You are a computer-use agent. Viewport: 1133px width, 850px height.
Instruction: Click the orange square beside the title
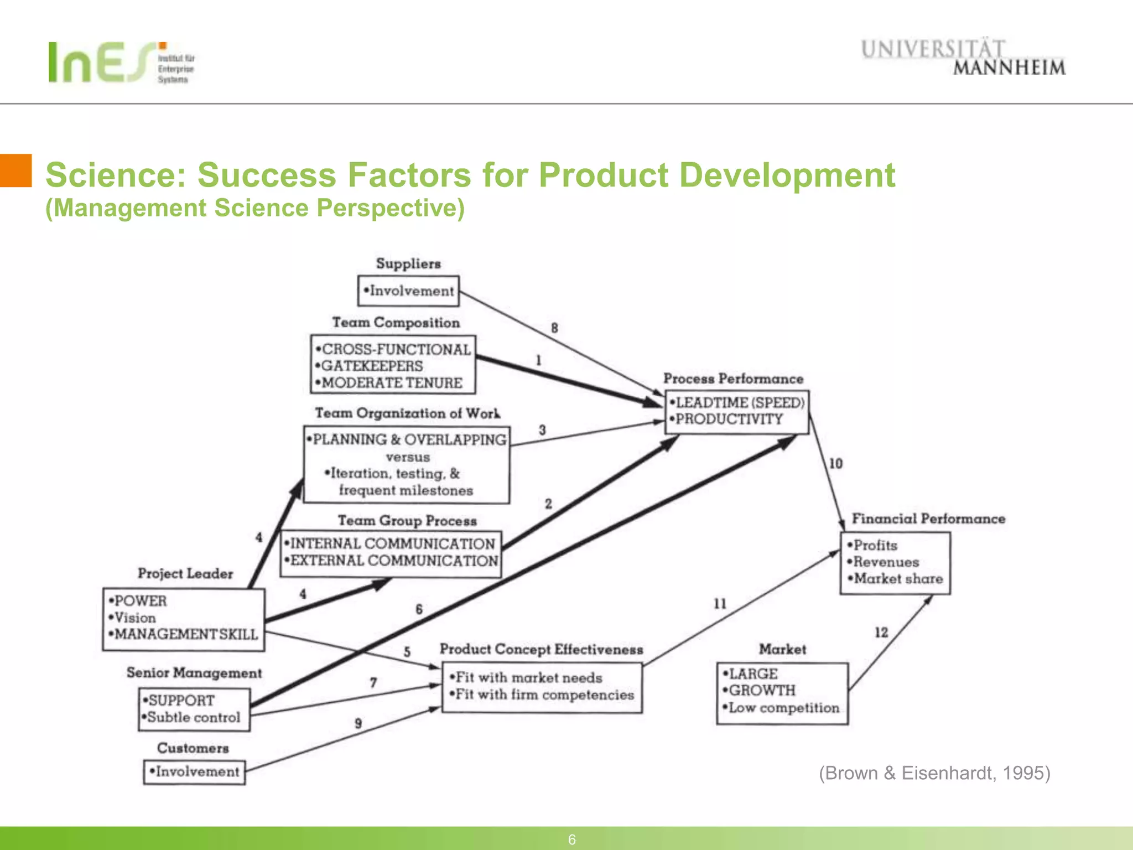click(x=15, y=170)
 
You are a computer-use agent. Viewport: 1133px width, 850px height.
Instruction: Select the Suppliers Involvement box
click(x=408, y=291)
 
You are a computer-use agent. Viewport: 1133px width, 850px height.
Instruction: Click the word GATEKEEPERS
click(x=372, y=366)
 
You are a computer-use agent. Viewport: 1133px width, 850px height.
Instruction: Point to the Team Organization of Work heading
click(x=407, y=413)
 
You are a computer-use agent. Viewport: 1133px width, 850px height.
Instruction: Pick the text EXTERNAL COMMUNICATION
click(x=394, y=561)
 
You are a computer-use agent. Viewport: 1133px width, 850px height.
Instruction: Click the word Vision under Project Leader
click(x=135, y=618)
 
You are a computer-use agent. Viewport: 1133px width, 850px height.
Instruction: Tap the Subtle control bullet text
click(x=194, y=717)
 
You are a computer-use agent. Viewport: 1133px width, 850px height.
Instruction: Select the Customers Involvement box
click(x=194, y=771)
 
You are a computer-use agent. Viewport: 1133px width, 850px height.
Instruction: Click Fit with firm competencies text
click(x=544, y=694)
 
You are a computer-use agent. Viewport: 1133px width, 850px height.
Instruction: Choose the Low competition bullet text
click(x=783, y=708)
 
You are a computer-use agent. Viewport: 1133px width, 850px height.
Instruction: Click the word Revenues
click(x=886, y=562)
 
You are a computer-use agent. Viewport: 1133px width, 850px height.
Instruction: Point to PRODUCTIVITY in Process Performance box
click(x=729, y=419)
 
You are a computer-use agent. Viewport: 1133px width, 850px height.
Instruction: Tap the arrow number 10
click(x=835, y=464)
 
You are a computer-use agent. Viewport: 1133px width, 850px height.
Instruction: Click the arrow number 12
click(x=881, y=632)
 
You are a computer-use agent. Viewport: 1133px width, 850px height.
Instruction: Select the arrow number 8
click(x=554, y=328)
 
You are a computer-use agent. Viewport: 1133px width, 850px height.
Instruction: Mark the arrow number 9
click(x=358, y=723)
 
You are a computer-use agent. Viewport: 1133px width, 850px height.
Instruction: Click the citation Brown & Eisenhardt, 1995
click(x=934, y=773)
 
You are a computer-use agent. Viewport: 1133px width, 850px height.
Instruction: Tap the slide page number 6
click(x=572, y=839)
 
